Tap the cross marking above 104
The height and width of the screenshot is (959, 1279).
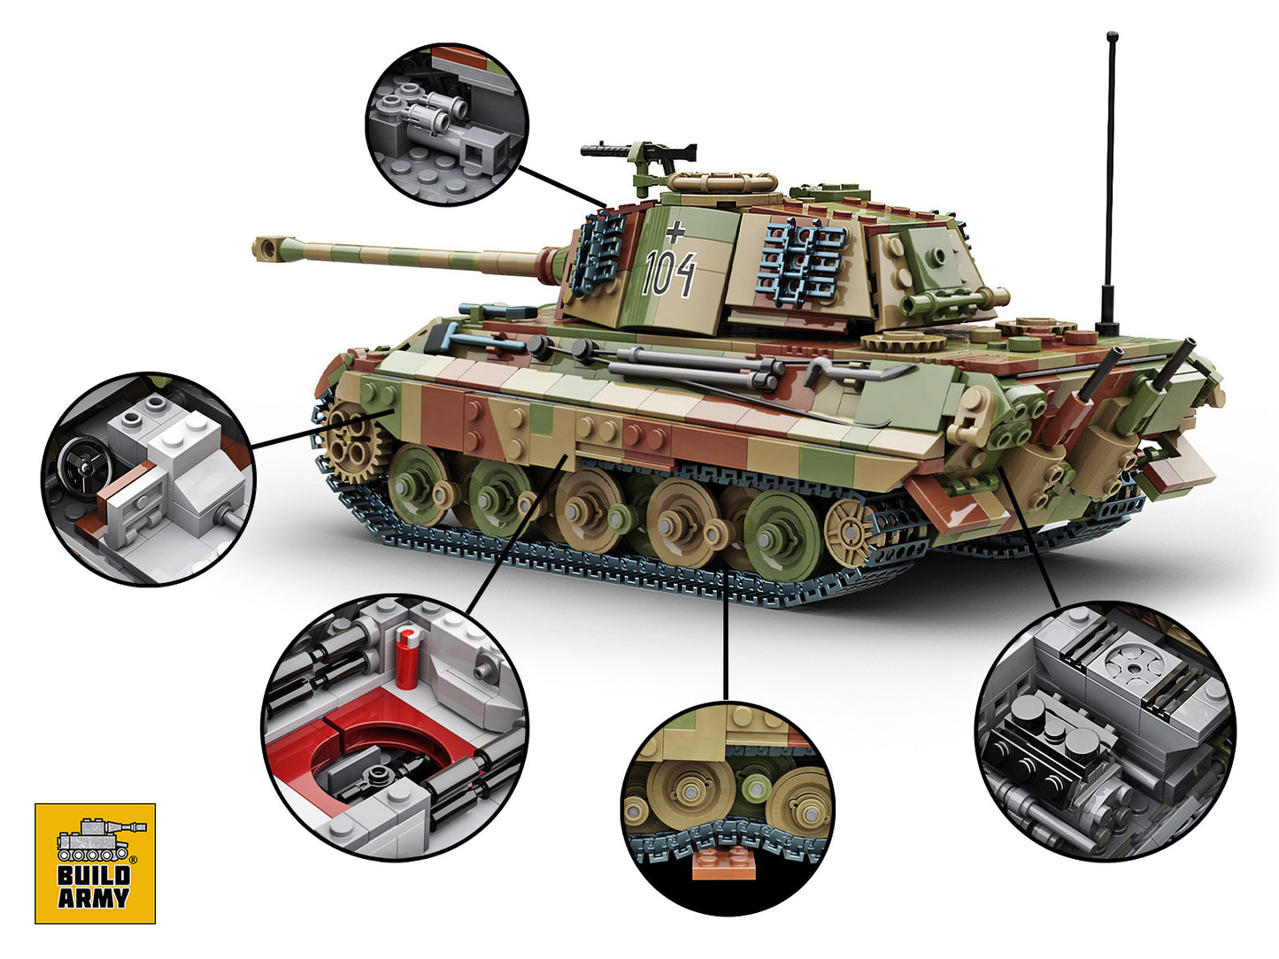675,232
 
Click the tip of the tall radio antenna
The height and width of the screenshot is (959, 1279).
1112,37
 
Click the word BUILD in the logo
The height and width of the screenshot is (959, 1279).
94,877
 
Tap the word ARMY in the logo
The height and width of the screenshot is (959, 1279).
94,899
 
